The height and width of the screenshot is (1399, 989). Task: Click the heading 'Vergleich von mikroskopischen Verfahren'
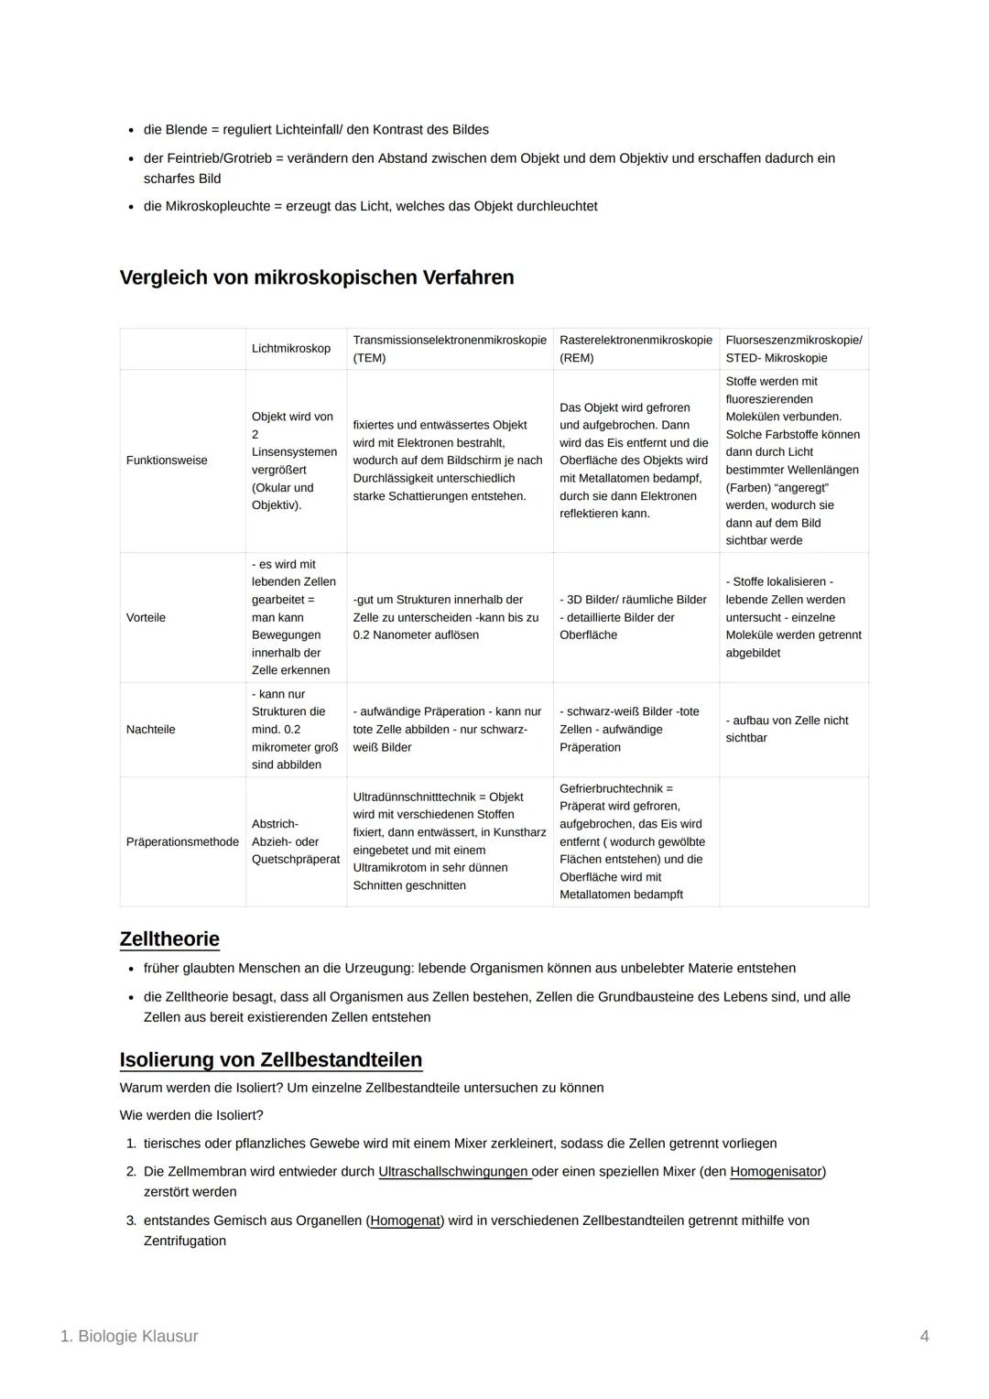pyautogui.click(x=316, y=277)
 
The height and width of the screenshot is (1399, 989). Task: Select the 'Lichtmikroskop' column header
pyautogui.click(x=290, y=349)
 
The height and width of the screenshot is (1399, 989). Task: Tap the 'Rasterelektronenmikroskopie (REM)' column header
pyautogui.click(x=635, y=349)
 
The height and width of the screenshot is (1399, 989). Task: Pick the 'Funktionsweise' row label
pyautogui.click(x=167, y=461)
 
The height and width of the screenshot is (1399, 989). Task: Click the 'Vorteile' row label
pyautogui.click(x=146, y=618)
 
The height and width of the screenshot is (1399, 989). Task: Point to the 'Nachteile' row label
pyautogui.click(x=150, y=730)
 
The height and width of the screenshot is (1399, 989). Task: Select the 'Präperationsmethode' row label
pyautogui.click(x=182, y=842)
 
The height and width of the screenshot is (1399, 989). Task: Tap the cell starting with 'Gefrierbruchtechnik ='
pyautogui.click(x=633, y=841)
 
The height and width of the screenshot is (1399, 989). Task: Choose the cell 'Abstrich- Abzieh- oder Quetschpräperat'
pyautogui.click(x=295, y=841)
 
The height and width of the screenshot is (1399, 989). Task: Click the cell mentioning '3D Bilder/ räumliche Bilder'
pyautogui.click(x=633, y=617)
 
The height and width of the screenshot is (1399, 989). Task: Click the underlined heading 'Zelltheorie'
pyautogui.click(x=169, y=939)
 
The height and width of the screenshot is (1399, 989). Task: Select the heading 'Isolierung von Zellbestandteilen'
pyautogui.click(x=270, y=1060)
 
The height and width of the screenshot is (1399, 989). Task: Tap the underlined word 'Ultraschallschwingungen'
pyautogui.click(x=454, y=1172)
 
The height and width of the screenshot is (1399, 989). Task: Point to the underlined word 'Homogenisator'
pyautogui.click(x=776, y=1172)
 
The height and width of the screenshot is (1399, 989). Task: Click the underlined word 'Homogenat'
pyautogui.click(x=405, y=1221)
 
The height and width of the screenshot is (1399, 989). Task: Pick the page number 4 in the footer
pyautogui.click(x=924, y=1337)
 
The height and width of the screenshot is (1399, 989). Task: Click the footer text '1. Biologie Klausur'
pyautogui.click(x=129, y=1337)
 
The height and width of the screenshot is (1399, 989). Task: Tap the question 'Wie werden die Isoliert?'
pyautogui.click(x=191, y=1116)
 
